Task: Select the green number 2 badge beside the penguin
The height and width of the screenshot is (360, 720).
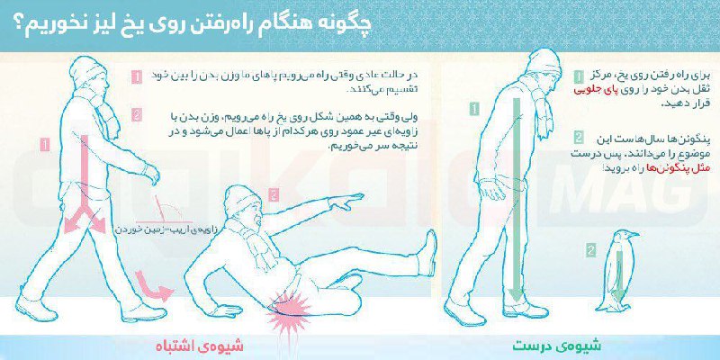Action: click(590, 249)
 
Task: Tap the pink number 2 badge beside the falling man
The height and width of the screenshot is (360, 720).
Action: click(136, 115)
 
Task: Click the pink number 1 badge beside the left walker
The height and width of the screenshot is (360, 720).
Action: click(136, 77)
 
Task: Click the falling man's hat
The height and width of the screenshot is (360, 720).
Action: click(239, 199)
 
